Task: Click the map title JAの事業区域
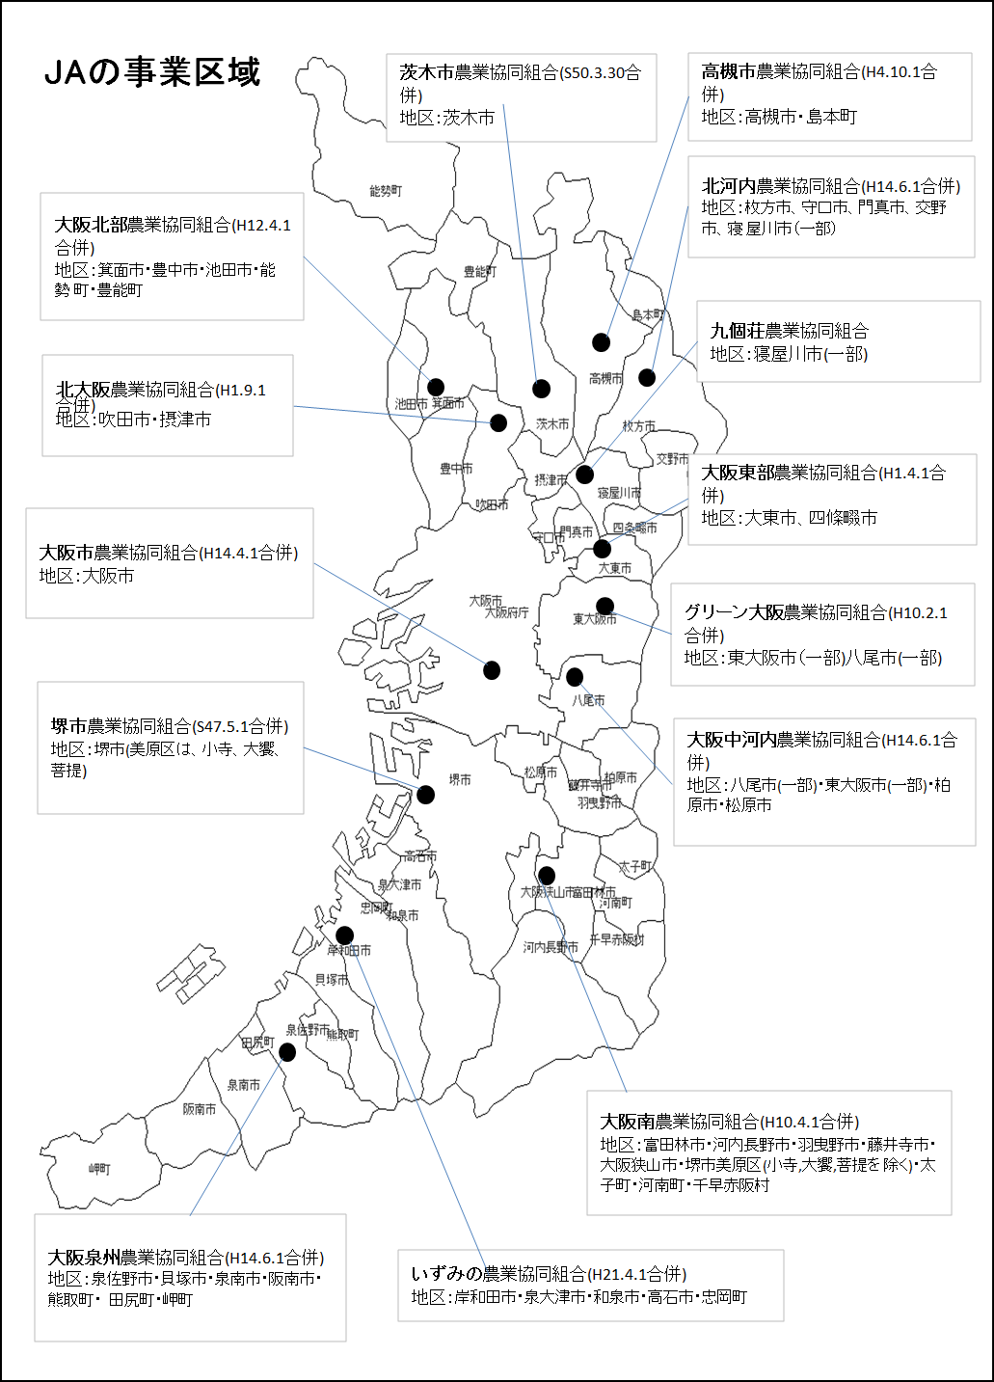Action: click(152, 72)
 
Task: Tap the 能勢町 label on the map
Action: click(386, 191)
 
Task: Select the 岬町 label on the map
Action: click(99, 1169)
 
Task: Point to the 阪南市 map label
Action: click(200, 1109)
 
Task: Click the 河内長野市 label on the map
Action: click(551, 947)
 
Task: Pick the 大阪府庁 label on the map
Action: click(507, 613)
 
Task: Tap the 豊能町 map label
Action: click(480, 272)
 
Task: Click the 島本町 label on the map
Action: click(648, 314)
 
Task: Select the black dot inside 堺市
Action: click(425, 795)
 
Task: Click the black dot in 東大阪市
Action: click(604, 606)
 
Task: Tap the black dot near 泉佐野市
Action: click(287, 1052)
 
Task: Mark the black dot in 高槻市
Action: click(601, 342)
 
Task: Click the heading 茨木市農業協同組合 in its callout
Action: click(479, 72)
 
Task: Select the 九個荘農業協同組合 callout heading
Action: click(789, 331)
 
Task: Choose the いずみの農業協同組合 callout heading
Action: click(498, 1273)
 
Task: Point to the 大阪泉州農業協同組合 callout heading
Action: click(136, 1258)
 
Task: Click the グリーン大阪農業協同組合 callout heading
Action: click(786, 612)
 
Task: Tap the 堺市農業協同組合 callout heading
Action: click(121, 726)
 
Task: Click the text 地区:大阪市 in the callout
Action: click(87, 576)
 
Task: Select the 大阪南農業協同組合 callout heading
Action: click(679, 1122)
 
